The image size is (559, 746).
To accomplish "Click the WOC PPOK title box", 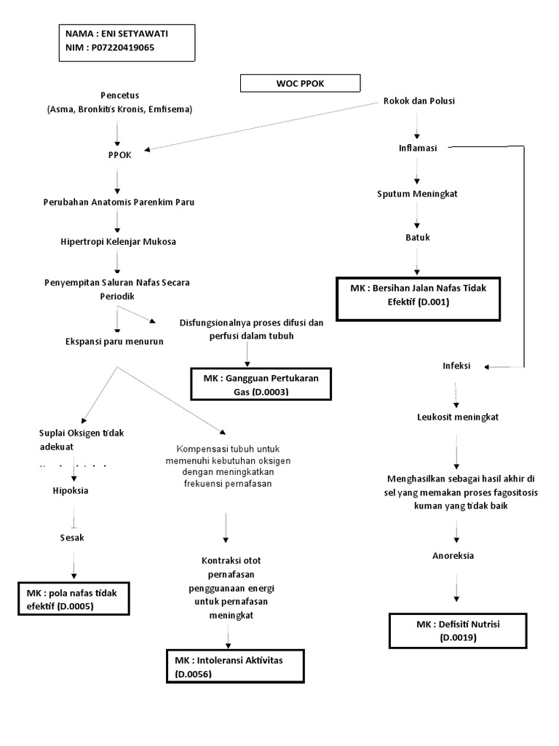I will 300,83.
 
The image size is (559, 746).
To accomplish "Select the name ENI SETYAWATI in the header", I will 127,34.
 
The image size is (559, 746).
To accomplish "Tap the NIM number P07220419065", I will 123,47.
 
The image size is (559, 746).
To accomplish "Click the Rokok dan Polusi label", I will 419,101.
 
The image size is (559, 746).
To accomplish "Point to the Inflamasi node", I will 417,148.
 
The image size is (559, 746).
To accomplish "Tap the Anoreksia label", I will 453,555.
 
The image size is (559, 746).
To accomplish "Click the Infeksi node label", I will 456,366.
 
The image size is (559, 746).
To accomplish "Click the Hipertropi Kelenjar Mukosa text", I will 118,241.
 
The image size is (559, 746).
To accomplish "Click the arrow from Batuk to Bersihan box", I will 416,260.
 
